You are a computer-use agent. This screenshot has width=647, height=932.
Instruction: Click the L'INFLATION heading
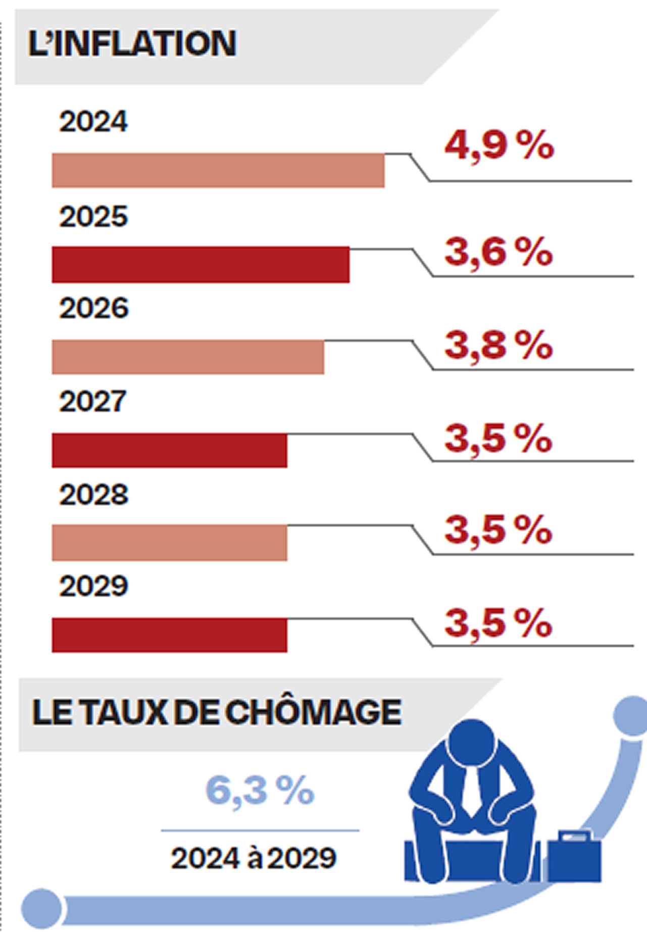132,44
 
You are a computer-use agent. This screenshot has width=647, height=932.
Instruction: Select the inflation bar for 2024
218,170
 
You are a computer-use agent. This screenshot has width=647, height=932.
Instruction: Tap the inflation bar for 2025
201,265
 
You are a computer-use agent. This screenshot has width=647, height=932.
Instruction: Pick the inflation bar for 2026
188,357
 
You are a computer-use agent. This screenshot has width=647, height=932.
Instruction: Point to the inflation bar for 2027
169,450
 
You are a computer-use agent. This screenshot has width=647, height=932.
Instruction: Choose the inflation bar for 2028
169,543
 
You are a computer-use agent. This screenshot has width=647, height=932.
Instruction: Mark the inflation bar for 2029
169,635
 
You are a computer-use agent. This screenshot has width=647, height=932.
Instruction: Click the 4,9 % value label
499,145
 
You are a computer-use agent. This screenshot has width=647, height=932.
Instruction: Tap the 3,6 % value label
498,252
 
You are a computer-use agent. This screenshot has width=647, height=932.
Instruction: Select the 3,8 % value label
498,346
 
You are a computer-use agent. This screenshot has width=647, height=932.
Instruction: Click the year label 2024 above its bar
93,122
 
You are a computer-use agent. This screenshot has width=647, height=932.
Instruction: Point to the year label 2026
94,308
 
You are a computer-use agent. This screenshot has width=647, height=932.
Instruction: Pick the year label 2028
94,495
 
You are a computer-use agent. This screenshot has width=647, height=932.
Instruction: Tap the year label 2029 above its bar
94,586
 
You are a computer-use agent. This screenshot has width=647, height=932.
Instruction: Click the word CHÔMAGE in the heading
313,713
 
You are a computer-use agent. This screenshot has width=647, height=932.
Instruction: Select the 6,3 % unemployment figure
260,791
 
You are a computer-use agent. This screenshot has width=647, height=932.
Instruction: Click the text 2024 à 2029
254,858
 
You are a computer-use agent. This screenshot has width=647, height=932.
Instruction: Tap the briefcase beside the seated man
574,857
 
